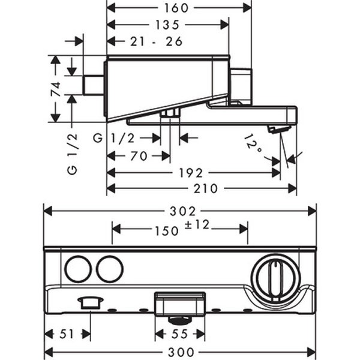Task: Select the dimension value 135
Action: pyautogui.click(x=167, y=25)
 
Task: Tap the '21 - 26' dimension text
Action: pyautogui.click(x=156, y=41)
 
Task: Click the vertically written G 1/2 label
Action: pyautogui.click(x=71, y=152)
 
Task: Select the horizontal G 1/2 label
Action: pyautogui.click(x=114, y=139)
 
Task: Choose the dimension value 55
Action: pyautogui.click(x=180, y=334)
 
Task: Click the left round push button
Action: pyautogui.click(x=78, y=269)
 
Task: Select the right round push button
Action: pyautogui.click(x=109, y=269)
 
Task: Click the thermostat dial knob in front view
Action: pyautogui.click(x=275, y=278)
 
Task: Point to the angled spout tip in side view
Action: pyautogui.click(x=278, y=129)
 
